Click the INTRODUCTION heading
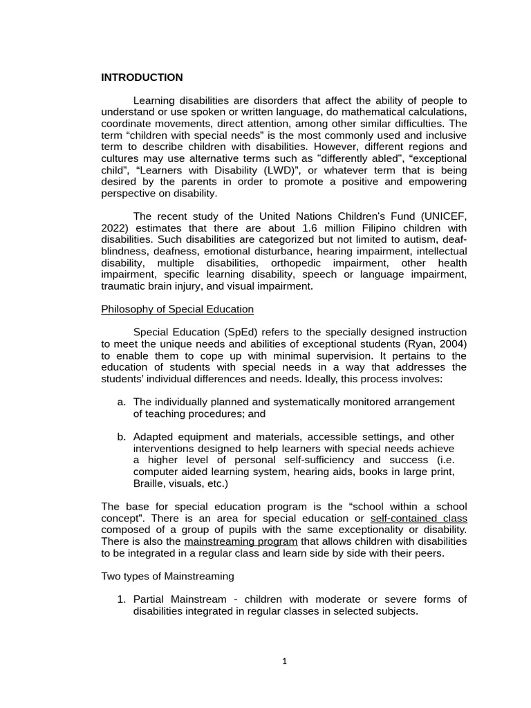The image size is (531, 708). tap(142, 77)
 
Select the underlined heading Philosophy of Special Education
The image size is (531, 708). tap(178, 309)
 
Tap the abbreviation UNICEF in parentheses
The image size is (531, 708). tap(431, 216)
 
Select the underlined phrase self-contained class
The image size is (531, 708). tap(419, 518)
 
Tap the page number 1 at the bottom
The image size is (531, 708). tap(284, 661)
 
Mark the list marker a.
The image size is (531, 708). tap(122, 402)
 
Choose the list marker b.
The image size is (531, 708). tap(122, 437)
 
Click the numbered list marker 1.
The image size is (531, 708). tap(122, 599)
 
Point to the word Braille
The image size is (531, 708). tap(149, 484)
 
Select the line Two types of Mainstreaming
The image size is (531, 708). tap(168, 576)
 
